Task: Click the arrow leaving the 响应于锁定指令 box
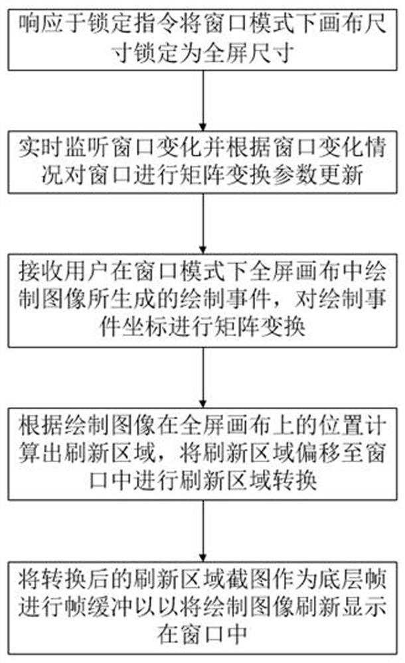click(x=202, y=99)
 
